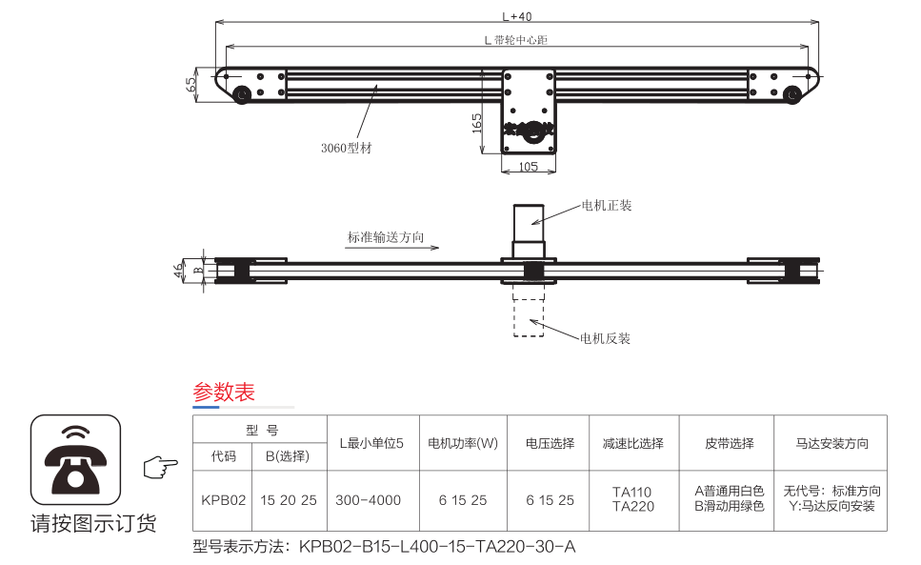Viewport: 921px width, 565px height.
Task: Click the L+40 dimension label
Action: [x=516, y=15]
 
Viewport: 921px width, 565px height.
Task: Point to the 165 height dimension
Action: [x=476, y=123]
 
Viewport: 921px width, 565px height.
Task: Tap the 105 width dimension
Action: [x=529, y=167]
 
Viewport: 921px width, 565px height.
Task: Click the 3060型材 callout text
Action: [x=346, y=148]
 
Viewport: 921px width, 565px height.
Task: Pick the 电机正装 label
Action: [x=607, y=205]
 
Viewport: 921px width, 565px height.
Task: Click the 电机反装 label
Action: [x=606, y=338]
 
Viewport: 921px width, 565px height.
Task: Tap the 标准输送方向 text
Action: [x=386, y=237]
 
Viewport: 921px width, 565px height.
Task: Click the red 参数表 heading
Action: [x=224, y=392]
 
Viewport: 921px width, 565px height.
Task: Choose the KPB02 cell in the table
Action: [x=224, y=499]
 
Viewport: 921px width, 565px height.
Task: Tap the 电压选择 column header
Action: [x=550, y=443]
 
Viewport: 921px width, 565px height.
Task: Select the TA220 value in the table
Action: [x=633, y=507]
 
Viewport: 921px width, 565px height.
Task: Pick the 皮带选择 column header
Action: [x=730, y=443]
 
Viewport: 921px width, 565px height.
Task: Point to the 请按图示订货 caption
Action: [x=93, y=523]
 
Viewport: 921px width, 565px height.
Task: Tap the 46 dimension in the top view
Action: [x=179, y=271]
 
